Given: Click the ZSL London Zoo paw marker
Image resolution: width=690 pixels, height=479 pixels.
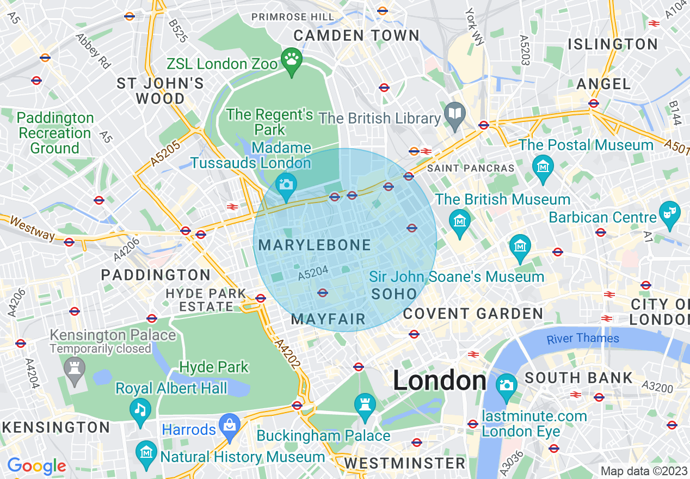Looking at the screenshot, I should coord(292,58).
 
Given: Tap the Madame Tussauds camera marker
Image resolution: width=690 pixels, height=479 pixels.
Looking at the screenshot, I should coord(286,183).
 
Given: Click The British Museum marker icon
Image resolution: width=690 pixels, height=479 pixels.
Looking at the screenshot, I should coord(460,220).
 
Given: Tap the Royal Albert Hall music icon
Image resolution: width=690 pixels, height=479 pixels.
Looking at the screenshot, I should coord(141,408).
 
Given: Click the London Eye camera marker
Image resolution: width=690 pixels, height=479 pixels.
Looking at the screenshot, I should coord(507,385).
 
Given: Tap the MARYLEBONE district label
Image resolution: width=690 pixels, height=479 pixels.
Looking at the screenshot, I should coord(315,245).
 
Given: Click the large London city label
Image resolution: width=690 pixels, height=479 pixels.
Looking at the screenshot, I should coord(440,380).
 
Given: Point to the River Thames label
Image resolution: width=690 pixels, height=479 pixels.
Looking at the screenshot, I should coord(583,339).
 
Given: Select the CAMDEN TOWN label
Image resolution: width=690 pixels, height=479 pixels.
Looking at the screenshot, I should coord(357,36).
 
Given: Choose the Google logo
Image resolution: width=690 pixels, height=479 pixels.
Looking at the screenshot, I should coord(36,466).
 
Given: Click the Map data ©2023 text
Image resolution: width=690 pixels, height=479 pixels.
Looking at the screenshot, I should coord(644,471).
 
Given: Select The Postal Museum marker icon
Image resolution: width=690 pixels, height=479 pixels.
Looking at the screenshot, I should coord(543,163).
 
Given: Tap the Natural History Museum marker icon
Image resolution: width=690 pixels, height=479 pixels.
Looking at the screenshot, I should coord(146,452).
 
